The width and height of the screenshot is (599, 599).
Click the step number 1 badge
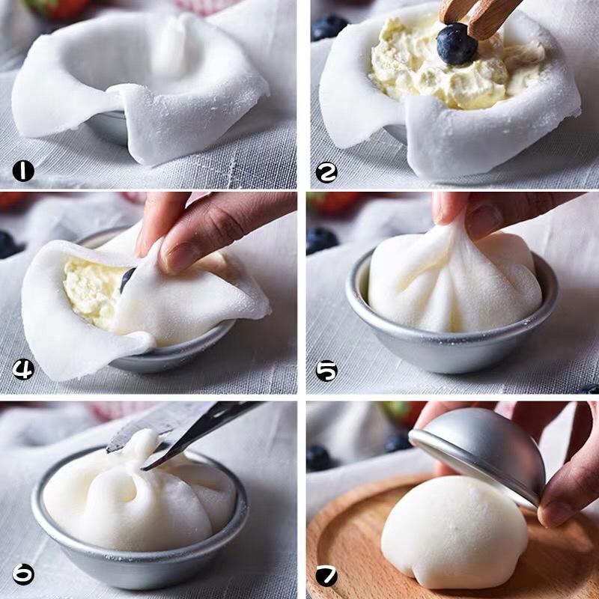(x=23, y=171)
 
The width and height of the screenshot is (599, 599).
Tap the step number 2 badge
(x=326, y=172)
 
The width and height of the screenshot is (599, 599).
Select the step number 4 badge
(x=23, y=369)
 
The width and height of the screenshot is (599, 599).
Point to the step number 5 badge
(x=326, y=371)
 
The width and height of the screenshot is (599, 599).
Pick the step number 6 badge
(x=23, y=574)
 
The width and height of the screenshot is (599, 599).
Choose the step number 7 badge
(x=326, y=576)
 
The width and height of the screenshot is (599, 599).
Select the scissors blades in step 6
(x=180, y=432)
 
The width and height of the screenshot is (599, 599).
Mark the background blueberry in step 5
(x=322, y=240)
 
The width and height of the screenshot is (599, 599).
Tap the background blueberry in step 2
(x=329, y=28)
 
